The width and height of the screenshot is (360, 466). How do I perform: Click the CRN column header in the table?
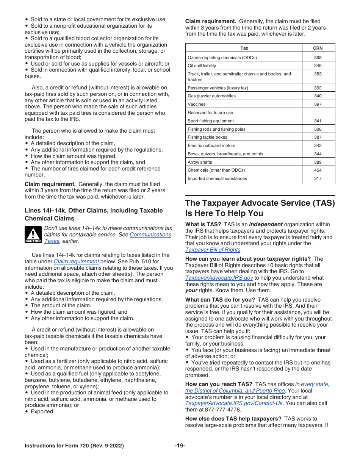tap(318, 48)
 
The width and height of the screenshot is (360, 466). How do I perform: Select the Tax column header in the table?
tap(244, 48)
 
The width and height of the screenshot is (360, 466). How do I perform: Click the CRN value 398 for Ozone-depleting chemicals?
tap(318, 58)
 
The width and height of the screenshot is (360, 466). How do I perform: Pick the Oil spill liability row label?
tap(202, 66)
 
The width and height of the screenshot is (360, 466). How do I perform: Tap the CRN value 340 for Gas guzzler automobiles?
tap(318, 96)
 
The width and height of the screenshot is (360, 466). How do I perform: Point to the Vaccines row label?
tap(197, 105)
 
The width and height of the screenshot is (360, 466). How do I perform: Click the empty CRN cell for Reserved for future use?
tap(318, 113)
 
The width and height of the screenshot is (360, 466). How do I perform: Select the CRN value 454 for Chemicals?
tap(318, 170)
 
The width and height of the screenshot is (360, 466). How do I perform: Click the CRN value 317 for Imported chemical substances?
tap(318, 178)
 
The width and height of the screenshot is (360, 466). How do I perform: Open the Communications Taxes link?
tap(150, 235)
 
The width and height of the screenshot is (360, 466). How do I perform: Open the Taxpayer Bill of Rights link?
tap(213, 250)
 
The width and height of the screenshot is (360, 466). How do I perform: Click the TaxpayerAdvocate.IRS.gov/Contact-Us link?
tap(234, 403)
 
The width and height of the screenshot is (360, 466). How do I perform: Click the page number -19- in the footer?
tap(180, 446)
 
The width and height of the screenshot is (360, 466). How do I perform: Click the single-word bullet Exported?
tap(42, 411)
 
